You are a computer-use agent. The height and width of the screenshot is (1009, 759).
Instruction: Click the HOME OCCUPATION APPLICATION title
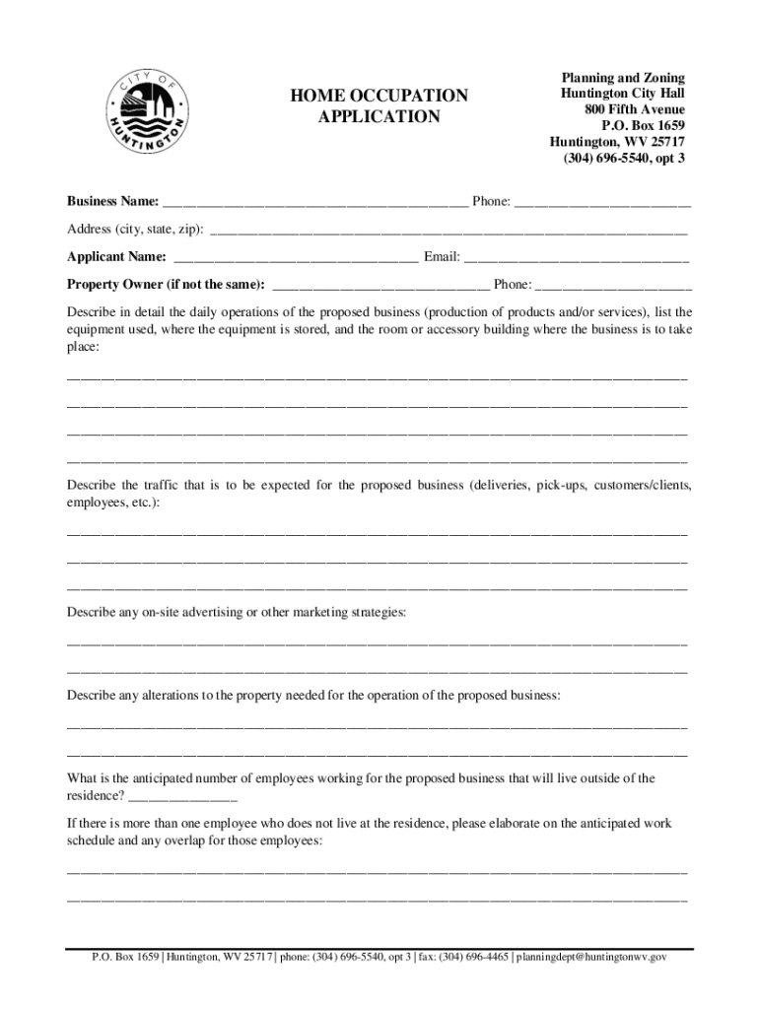click(379, 106)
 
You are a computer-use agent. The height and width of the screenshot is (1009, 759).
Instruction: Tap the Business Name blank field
click(315, 203)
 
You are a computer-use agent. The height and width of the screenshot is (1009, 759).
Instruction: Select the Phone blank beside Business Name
click(602, 203)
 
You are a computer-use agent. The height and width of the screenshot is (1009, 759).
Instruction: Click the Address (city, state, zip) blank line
click(448, 231)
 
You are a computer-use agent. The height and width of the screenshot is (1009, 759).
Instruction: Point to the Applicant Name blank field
click(295, 258)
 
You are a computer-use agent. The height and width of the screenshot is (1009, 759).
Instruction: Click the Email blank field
click(577, 258)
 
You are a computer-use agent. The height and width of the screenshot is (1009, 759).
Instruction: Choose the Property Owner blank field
click(379, 286)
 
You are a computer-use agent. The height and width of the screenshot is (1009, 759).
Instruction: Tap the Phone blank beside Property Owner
click(613, 286)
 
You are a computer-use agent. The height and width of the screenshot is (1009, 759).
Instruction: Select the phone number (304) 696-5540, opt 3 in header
click(623, 158)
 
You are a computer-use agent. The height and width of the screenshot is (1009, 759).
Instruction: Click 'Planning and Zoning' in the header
click(623, 77)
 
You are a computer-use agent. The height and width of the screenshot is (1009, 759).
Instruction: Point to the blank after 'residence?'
click(182, 796)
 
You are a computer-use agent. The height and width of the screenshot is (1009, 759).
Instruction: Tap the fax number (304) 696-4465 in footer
click(474, 957)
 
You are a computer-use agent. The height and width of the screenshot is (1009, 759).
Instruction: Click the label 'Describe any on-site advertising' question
click(236, 613)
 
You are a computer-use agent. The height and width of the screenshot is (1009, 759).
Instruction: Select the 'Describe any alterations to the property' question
click(313, 696)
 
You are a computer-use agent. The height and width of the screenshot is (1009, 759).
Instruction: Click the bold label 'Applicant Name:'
click(116, 257)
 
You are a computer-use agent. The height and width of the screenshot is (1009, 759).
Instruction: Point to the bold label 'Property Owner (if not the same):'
click(166, 285)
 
